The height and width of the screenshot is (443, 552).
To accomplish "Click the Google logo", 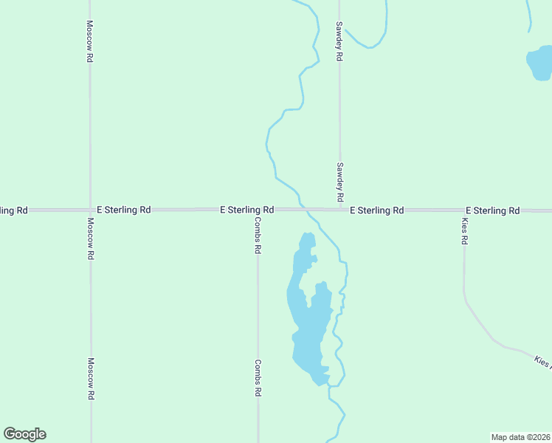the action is coord(24,434).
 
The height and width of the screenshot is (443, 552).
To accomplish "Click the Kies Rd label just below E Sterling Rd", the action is coord(464,232).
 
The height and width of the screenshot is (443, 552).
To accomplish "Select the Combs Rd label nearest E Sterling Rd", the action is coord(258,236).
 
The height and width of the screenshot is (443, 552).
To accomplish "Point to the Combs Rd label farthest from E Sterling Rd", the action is coord(258,378).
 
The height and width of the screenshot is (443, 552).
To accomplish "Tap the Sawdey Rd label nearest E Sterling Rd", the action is coord(339,182).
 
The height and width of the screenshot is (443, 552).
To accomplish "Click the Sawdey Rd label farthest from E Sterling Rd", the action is coord(339,41).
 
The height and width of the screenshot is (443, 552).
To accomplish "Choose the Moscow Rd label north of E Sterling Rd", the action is coord(89,41).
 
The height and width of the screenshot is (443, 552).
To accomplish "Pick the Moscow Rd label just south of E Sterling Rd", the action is coord(90,238).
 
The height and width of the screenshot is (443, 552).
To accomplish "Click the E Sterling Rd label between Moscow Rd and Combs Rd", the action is coord(123,210).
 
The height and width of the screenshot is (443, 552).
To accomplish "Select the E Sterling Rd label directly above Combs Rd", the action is coord(247,210).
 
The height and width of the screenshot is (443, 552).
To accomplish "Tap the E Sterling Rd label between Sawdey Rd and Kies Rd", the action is coord(376,210).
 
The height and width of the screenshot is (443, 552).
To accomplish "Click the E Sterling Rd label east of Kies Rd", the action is coord(492,210).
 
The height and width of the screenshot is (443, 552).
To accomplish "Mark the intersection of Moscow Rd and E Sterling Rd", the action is coord(90,210).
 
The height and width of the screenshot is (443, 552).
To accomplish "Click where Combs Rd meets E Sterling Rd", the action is coord(258,210).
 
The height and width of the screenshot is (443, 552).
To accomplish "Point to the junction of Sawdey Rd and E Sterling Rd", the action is coord(339,210).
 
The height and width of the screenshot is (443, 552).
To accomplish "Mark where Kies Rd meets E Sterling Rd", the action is coord(464,210).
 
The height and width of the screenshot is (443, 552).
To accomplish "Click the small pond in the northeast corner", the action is coord(539,64).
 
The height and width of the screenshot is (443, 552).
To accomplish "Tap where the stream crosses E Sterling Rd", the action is coord(301,210).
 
